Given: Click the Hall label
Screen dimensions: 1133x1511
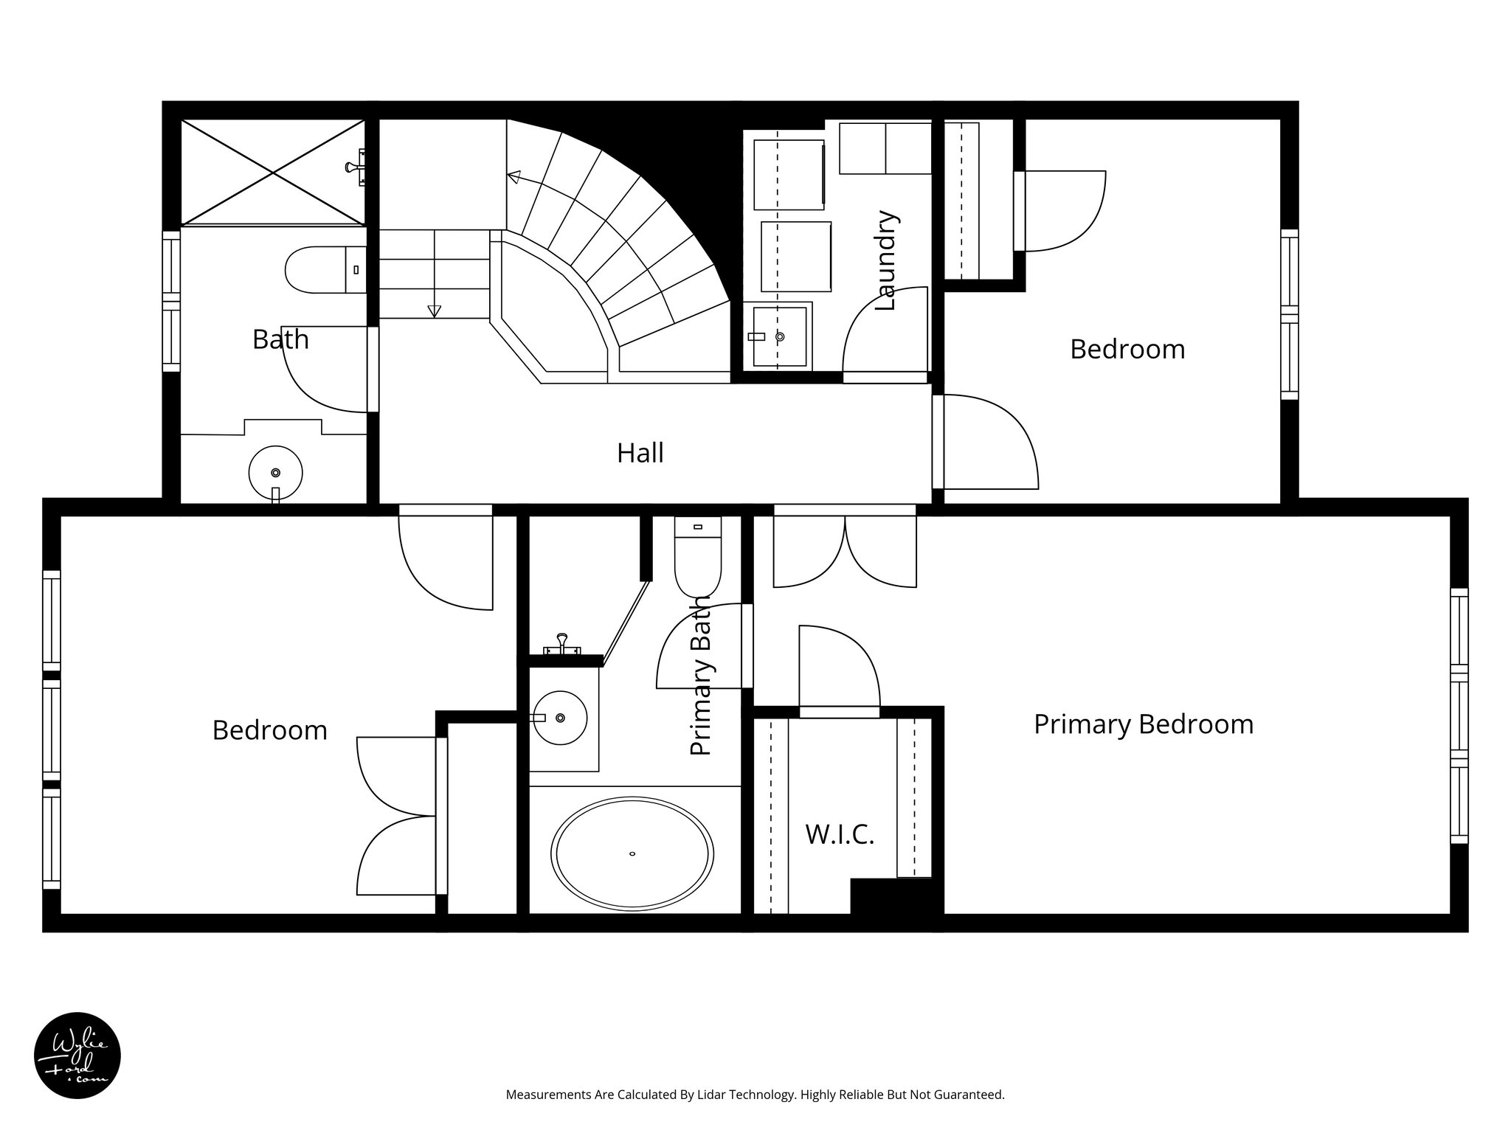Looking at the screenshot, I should click(x=640, y=453).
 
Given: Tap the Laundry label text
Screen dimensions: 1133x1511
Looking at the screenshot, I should click(x=885, y=260).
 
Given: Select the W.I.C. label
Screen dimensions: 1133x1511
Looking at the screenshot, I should click(x=840, y=834).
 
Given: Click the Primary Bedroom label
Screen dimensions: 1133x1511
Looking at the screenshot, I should click(x=1143, y=724).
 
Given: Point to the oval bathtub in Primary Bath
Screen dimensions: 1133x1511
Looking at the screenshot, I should click(x=633, y=853).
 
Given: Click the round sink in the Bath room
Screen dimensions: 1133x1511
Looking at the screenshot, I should click(x=275, y=472).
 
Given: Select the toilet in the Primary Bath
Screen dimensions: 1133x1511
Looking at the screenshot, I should click(x=697, y=557).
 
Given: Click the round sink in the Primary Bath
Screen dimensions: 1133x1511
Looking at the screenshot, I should click(x=559, y=717).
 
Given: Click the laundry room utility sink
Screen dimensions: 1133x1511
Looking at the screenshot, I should click(x=779, y=336).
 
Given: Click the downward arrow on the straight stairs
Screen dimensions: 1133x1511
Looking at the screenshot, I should click(x=435, y=311).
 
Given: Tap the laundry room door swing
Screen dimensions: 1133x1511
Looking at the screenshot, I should click(x=885, y=332).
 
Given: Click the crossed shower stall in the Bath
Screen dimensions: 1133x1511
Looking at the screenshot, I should click(x=273, y=172).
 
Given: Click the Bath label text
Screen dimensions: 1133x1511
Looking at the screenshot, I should click(x=280, y=339).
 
